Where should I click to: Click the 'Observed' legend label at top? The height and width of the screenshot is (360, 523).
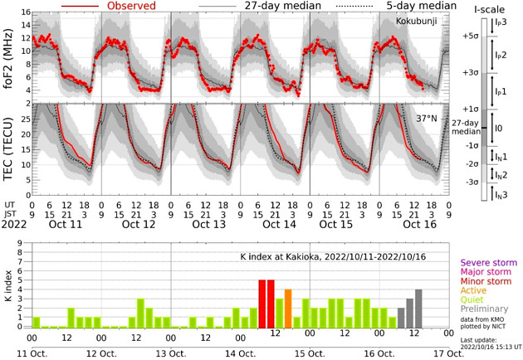[133, 6]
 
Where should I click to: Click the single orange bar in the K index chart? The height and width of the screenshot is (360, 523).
[288, 309]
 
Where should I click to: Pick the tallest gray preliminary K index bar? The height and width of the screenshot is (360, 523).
[418, 309]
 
